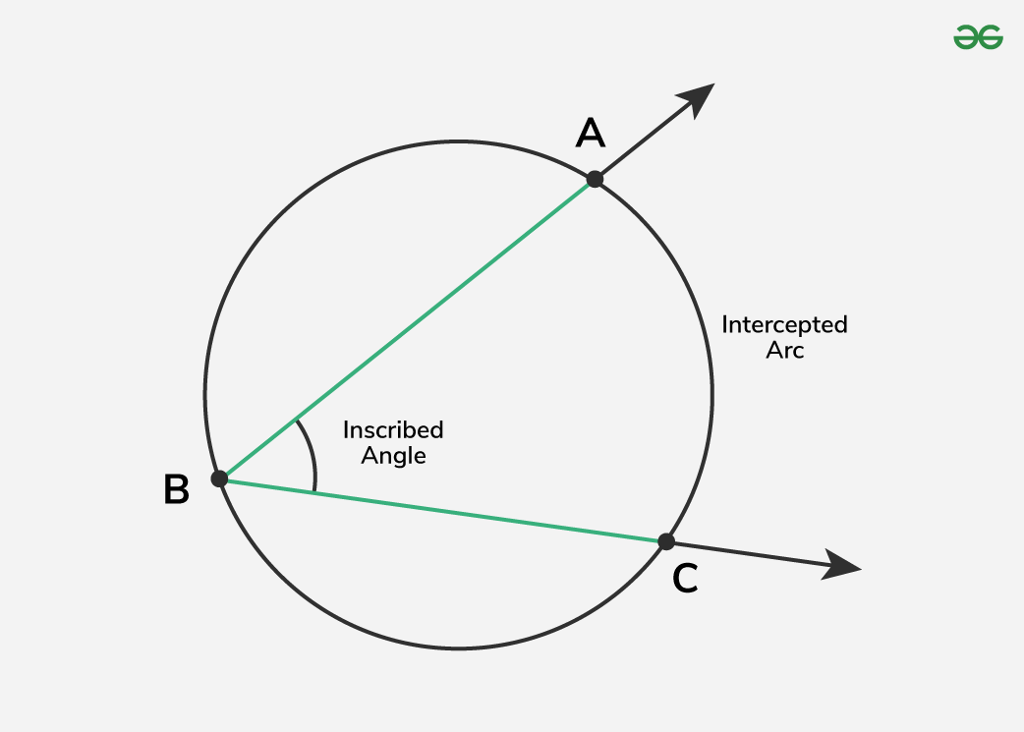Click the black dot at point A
pyautogui.click(x=595, y=179)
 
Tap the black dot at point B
pyautogui.click(x=220, y=479)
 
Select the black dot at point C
pyautogui.click(x=666, y=541)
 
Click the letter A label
pyautogui.click(x=590, y=133)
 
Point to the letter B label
pyautogui.click(x=176, y=489)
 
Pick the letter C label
pyautogui.click(x=685, y=579)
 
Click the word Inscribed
pyautogui.click(x=393, y=430)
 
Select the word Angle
pyautogui.click(x=393, y=456)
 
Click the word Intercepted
pyautogui.click(x=784, y=324)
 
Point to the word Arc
pyautogui.click(x=785, y=351)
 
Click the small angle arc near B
pyautogui.click(x=312, y=454)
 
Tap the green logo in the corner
pyautogui.click(x=978, y=37)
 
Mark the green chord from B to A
pyautogui.click(x=407, y=329)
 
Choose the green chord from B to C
pyautogui.click(x=442, y=510)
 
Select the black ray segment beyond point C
pyautogui.click(x=747, y=553)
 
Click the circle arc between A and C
pyautogui.click(x=711, y=393)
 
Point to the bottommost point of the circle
pyautogui.click(x=459, y=648)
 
